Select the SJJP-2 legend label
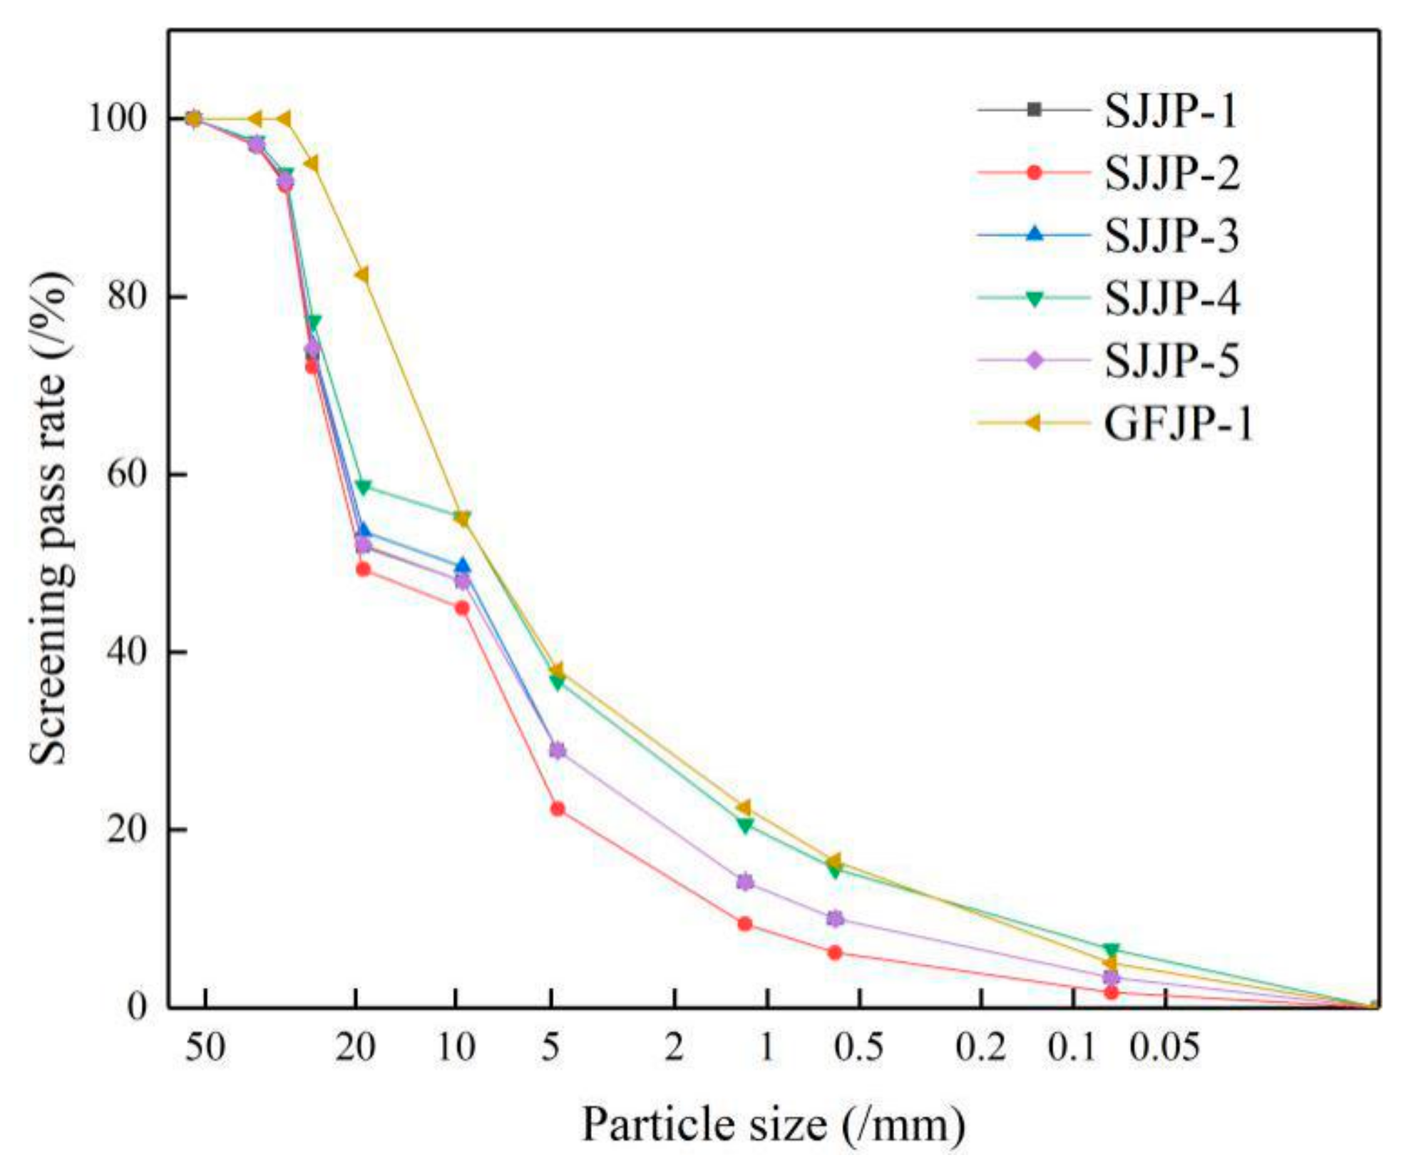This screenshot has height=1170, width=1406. pos(1171,173)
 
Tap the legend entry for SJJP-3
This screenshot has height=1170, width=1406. pos(1171,235)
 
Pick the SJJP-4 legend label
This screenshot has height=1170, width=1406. pos(1171,297)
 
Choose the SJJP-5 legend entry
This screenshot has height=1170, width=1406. pos(1171,360)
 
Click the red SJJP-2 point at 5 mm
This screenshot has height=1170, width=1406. pos(558,809)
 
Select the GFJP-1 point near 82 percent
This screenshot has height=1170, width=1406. pos(362,275)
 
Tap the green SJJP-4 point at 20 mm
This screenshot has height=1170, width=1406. pos(363,487)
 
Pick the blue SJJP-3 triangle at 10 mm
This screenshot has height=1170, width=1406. pos(462,566)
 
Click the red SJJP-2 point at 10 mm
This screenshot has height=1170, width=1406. pos(462,608)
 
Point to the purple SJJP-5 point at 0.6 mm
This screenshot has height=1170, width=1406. pos(835,918)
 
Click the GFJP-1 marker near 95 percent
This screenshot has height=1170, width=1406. pos(312,164)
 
